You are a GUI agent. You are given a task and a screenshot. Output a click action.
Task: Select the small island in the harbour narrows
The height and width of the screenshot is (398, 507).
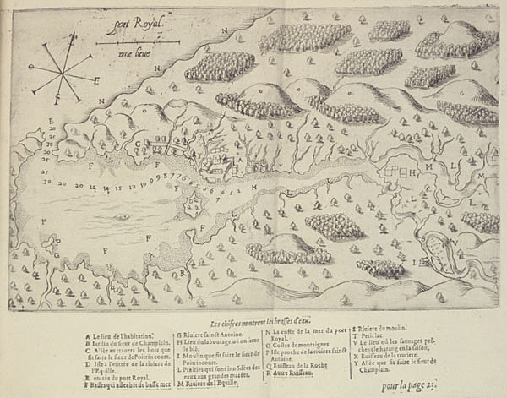194,204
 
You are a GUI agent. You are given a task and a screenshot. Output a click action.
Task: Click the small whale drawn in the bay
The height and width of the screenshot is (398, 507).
123,216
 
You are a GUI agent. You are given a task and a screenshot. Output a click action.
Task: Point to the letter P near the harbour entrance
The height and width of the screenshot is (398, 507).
57,243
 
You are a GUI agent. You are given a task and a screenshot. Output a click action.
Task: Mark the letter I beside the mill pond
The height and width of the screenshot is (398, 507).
413,263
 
